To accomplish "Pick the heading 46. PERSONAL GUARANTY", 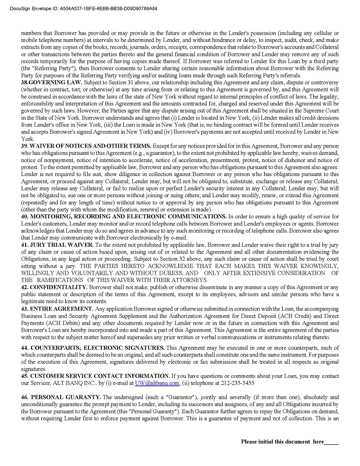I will [x=61, y=397].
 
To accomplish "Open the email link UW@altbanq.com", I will [x=157, y=383].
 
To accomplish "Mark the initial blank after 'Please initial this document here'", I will [x=331, y=442].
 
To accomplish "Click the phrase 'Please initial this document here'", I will [x=282, y=442].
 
